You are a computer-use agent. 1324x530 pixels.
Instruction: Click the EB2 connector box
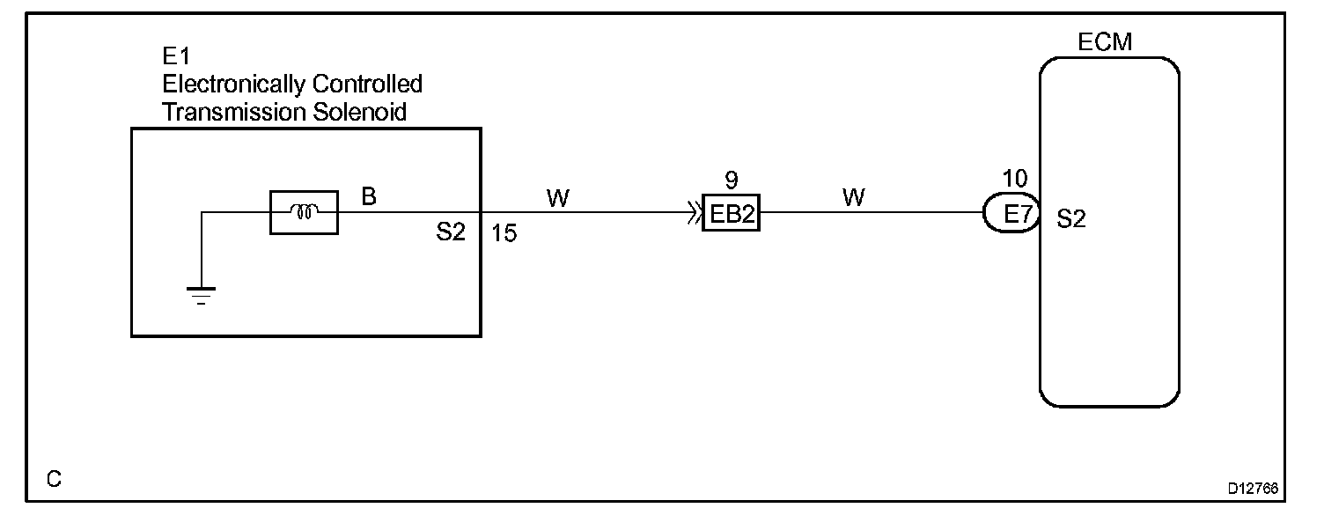[731, 213]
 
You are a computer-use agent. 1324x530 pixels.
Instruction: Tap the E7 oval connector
[1011, 213]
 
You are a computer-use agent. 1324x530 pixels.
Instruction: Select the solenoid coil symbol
[304, 212]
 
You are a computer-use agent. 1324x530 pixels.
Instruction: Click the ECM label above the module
[1105, 42]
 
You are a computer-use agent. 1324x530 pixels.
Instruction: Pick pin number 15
[504, 236]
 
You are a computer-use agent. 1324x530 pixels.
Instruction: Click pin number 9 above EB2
[731, 180]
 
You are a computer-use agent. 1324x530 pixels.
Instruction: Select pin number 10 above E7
[1014, 180]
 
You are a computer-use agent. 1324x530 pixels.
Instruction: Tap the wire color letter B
[369, 196]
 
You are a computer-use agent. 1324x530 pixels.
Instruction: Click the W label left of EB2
[557, 197]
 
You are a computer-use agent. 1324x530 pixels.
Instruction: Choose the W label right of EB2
[853, 197]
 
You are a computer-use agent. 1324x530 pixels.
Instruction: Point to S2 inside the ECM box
[1070, 220]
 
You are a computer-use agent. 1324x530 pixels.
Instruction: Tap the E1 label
[176, 57]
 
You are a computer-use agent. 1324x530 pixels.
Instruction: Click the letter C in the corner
[55, 480]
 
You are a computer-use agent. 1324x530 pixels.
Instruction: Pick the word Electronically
[232, 85]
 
